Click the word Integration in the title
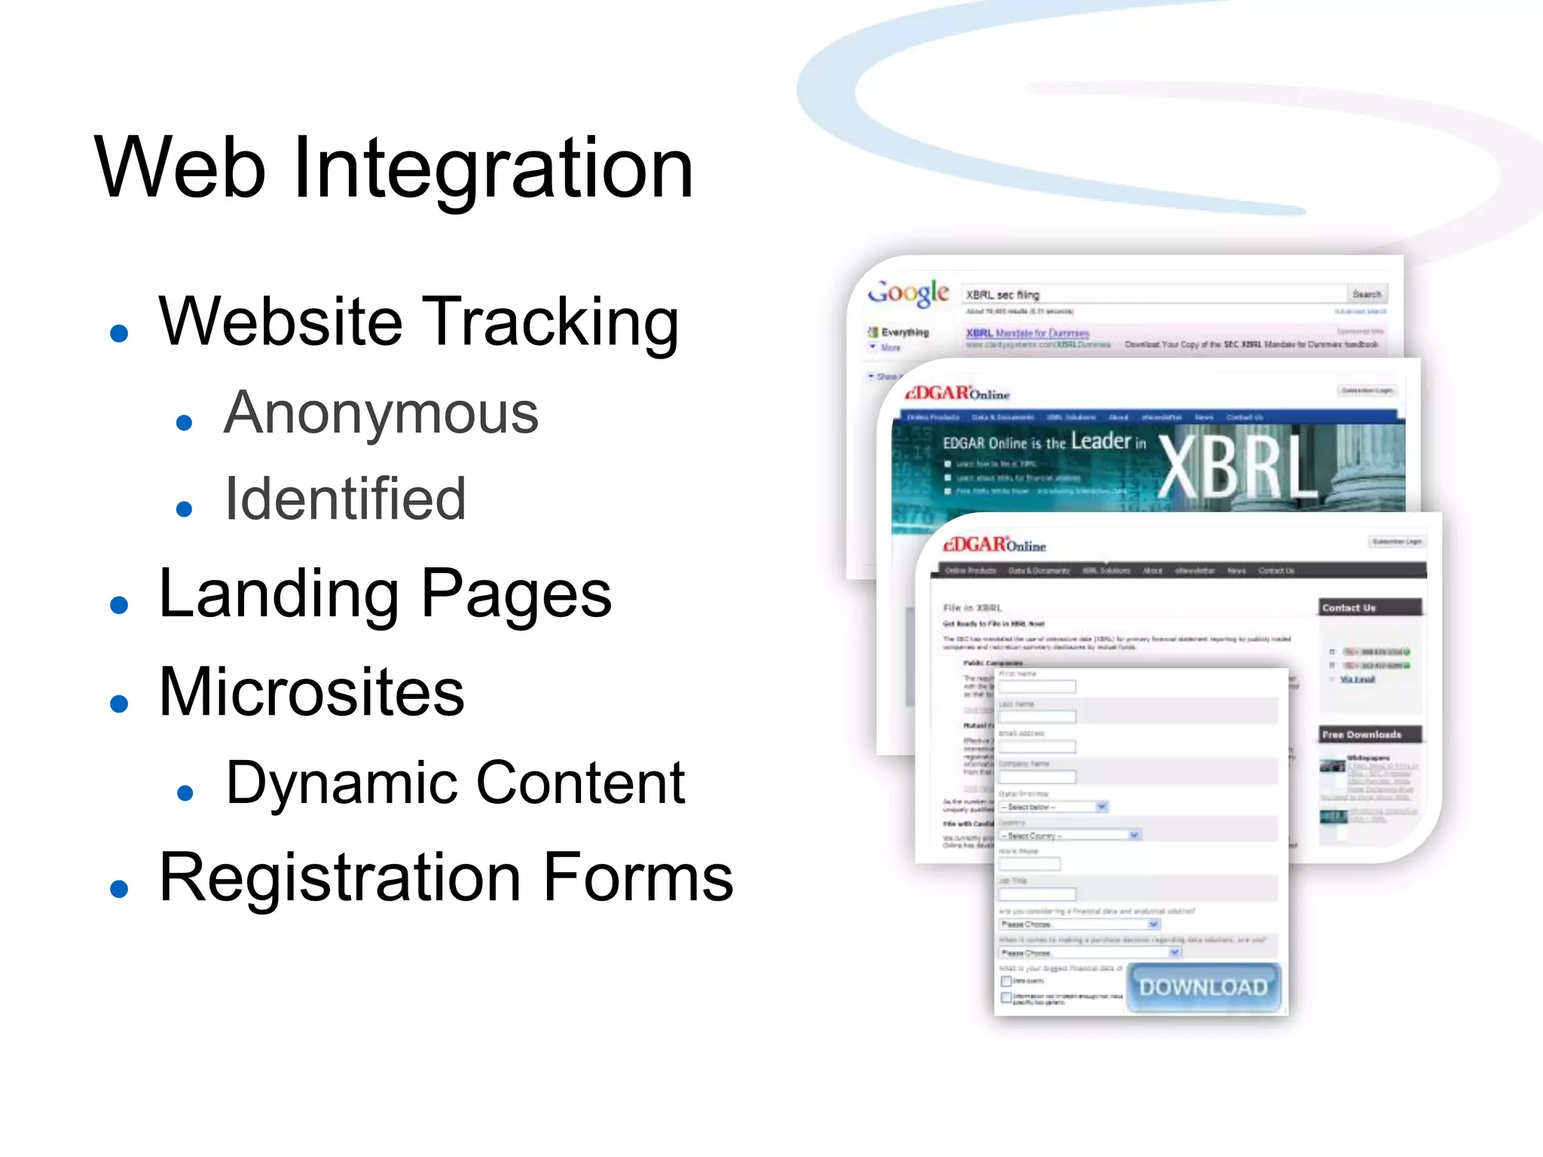[493, 169]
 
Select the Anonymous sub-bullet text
[381, 414]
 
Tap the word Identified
[346, 499]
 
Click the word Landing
[279, 594]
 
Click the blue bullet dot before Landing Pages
[119, 604]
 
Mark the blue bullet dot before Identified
[184, 509]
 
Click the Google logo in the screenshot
[909, 292]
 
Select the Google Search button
[1367, 294]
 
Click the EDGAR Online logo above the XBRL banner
[957, 393]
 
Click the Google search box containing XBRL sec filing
[1153, 295]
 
